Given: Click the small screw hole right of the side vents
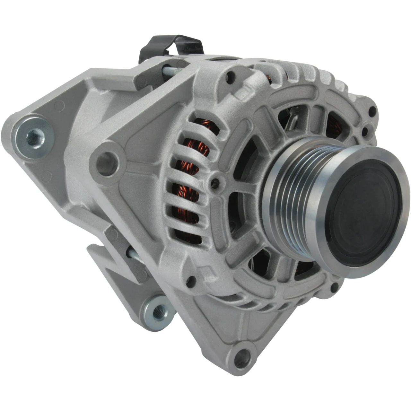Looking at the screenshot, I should coord(215,182).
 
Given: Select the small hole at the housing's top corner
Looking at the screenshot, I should coord(229,76).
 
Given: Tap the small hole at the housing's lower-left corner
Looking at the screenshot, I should coord(192,281).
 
